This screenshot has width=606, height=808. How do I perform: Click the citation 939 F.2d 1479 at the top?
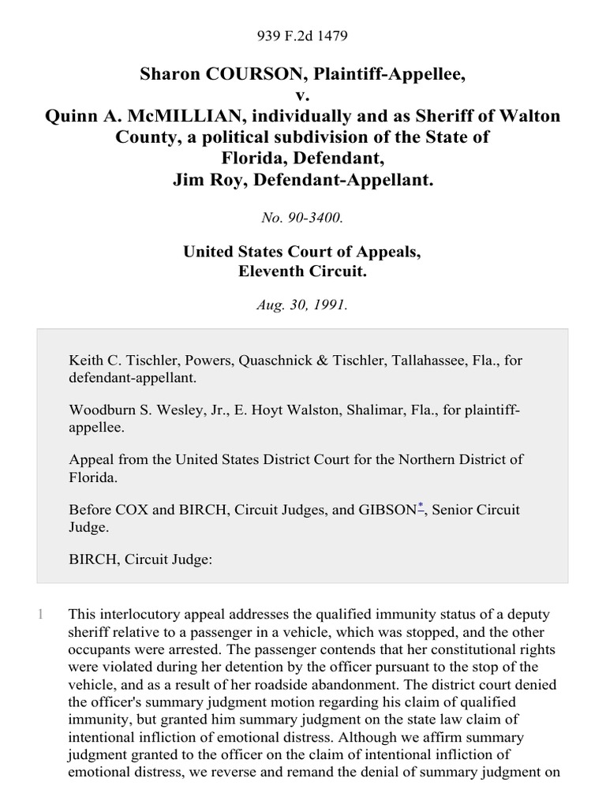click(303, 36)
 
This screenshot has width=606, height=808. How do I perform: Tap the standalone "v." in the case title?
click(303, 95)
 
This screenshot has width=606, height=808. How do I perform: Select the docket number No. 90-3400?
click(303, 219)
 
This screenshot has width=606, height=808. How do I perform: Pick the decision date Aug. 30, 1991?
click(303, 305)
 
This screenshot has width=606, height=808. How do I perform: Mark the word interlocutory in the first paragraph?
click(135, 614)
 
